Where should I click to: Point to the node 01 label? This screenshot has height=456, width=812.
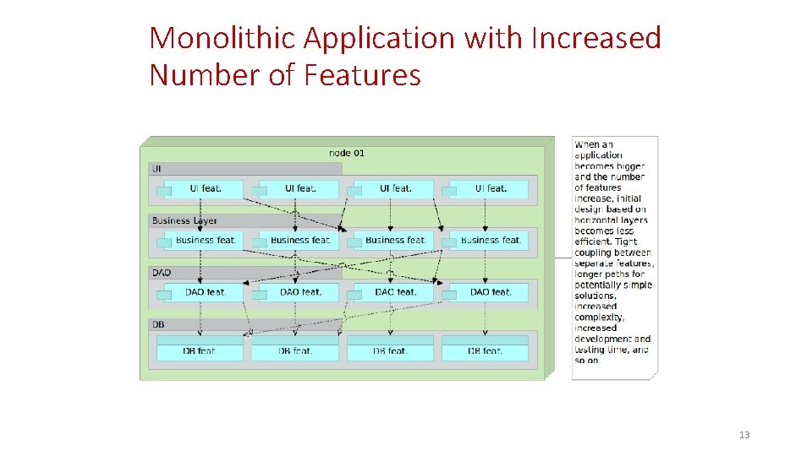(x=347, y=153)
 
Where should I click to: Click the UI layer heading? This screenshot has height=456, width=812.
(x=157, y=169)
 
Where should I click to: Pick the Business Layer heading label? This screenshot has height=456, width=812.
(x=184, y=221)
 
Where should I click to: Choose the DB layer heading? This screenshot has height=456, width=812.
(x=159, y=325)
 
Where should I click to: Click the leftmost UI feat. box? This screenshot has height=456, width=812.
(x=204, y=188)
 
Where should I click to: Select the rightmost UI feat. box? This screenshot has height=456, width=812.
(x=489, y=188)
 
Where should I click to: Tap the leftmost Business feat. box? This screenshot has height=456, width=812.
(x=204, y=241)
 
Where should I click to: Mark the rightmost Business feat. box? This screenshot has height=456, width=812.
(x=489, y=241)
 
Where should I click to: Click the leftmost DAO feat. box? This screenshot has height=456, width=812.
(x=204, y=292)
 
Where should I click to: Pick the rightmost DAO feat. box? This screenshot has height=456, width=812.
(x=489, y=292)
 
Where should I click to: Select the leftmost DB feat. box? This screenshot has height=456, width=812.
(x=200, y=350)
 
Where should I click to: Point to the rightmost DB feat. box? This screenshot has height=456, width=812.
(x=486, y=350)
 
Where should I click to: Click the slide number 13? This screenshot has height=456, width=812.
(x=744, y=435)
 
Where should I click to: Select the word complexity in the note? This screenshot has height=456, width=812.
(x=599, y=318)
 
